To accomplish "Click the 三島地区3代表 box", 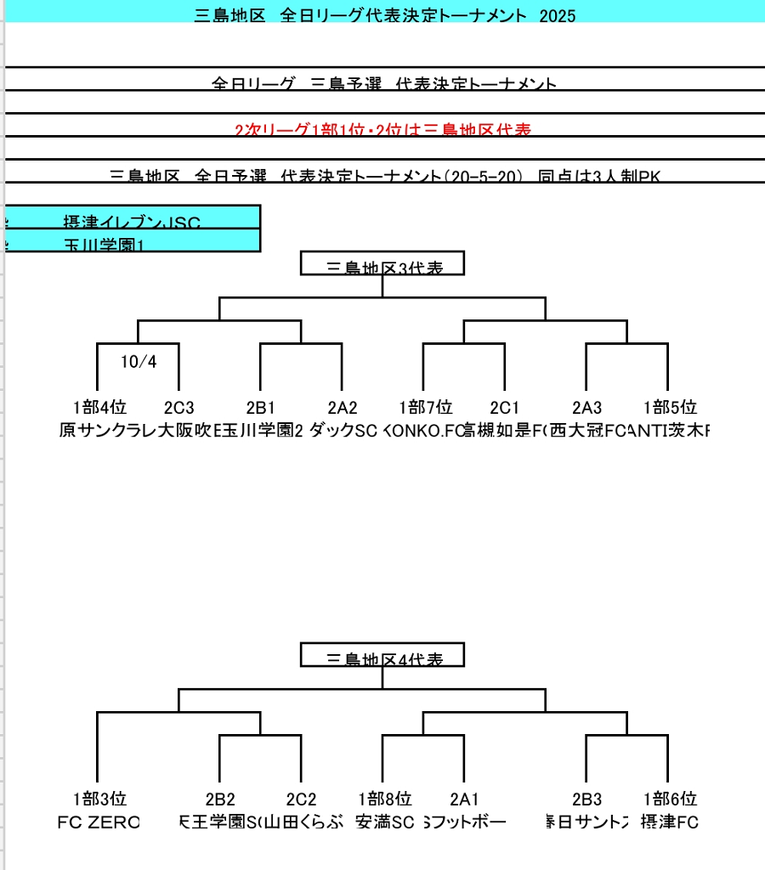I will coord(382,265).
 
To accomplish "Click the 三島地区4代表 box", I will coord(382,657).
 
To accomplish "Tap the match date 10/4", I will coord(139,362).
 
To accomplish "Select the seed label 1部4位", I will coord(99,407).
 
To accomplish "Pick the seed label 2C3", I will coord(178,407).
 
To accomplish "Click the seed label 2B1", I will coord(262,407).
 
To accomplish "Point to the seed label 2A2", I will coord(343,407).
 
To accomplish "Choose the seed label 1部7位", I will coord(426,407).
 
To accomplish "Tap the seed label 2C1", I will coord(505,407).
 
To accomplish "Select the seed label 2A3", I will coord(586,407).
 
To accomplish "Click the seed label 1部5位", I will coord(670,407).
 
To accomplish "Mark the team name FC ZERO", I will coord(98,822).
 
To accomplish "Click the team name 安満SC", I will coord(384,822).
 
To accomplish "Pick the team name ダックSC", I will coord(343,431).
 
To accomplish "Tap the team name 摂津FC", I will coord(669,822).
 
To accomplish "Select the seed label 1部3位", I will coord(99,799).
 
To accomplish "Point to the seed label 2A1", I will coord(464,799).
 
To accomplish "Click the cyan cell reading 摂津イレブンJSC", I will coord(132,222).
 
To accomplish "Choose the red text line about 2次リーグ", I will coord(382,130).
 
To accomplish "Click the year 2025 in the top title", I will coord(558,15).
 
